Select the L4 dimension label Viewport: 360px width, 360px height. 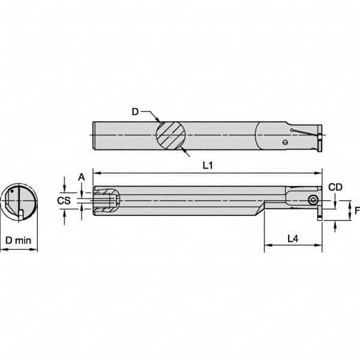[293, 238]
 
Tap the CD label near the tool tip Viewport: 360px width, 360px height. [335, 187]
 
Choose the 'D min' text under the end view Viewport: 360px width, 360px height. [19, 240]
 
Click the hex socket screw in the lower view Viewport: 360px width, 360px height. [313, 200]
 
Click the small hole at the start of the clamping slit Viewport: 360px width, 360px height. [290, 130]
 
